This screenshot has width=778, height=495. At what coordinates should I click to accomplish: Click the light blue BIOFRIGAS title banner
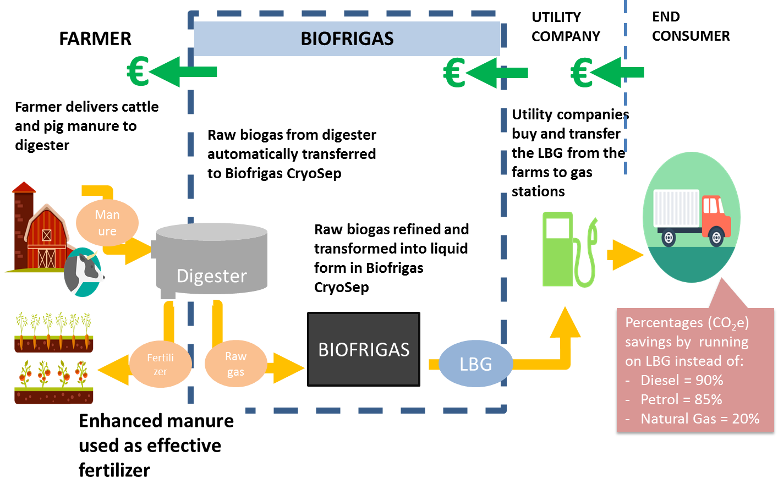click(347, 38)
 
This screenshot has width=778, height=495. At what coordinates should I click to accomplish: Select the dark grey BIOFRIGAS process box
click(364, 350)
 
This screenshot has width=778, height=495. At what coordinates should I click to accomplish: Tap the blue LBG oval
click(475, 364)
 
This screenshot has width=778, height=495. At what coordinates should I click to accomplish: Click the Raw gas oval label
click(235, 364)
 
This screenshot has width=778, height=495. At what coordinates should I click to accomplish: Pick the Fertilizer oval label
click(160, 364)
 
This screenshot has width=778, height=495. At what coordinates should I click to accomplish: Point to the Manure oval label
click(107, 222)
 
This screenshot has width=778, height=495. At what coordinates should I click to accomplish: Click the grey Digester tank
click(212, 258)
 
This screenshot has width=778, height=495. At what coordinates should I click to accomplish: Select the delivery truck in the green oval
click(692, 217)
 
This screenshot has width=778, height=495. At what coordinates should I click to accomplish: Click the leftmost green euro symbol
click(138, 71)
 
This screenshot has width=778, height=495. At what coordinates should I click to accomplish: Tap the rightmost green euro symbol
click(582, 73)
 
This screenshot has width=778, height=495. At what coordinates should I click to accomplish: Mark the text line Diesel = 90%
click(681, 380)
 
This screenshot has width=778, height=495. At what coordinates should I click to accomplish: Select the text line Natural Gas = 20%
click(699, 419)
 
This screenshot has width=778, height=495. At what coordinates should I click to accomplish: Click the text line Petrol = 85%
click(681, 399)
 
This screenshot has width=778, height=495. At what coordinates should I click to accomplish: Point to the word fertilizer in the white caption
click(114, 470)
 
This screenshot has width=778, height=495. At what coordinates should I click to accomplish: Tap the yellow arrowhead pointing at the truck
click(627, 255)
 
